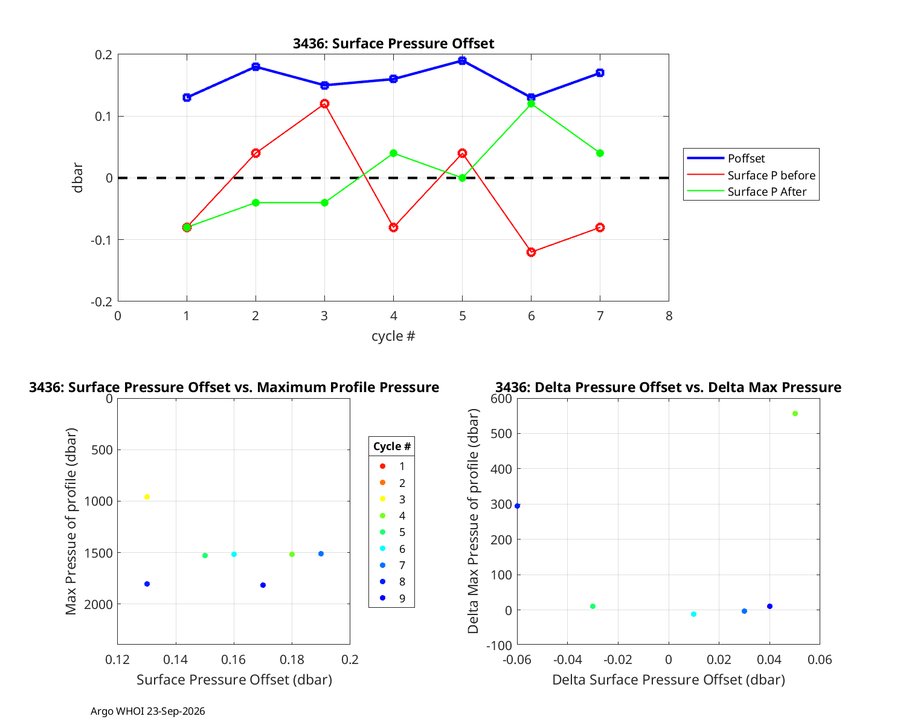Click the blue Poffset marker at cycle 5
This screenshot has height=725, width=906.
coord(462,60)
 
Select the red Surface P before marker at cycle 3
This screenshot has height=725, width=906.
coord(324,104)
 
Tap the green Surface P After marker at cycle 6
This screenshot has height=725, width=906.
coord(532,104)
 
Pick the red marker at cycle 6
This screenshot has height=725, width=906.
coord(532,252)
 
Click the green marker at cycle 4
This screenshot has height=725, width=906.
coord(393,153)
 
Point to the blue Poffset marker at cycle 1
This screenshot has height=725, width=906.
coord(187,97)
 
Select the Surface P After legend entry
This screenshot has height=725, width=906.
coord(747,192)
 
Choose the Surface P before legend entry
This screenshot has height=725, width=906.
coord(751,175)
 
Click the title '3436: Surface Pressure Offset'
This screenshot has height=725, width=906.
coord(393,43)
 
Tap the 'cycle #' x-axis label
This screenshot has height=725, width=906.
coord(393,336)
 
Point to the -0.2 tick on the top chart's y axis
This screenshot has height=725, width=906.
coord(101,301)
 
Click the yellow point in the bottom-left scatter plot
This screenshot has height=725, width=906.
coord(147,497)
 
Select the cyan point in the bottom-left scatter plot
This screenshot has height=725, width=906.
coord(234,555)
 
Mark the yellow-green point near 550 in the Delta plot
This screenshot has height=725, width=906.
coord(795,414)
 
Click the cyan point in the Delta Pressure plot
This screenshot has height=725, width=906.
coord(693,614)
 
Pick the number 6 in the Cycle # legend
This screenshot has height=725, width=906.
coord(402,549)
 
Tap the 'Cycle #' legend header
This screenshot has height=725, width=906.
coord(391,446)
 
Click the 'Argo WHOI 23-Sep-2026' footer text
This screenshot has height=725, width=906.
coord(148,711)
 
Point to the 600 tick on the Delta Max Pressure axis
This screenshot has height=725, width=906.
coord(501,399)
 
